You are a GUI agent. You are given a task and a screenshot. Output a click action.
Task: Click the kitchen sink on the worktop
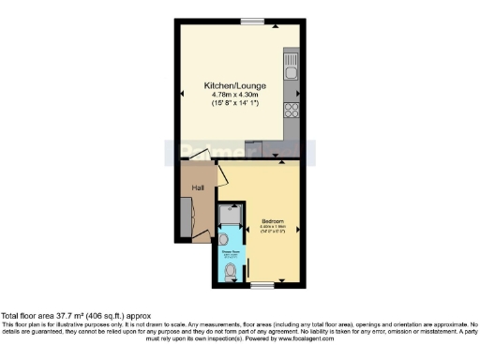tap(292, 70)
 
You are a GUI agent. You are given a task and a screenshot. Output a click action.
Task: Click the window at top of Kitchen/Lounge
tap(251, 21)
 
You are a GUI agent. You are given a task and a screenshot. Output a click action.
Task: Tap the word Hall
tap(199, 188)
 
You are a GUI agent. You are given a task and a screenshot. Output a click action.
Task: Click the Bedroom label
tap(274, 221)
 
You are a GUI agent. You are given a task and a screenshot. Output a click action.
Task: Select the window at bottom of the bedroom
tap(262, 283)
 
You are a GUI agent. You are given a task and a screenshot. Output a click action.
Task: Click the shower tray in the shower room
tap(229, 216)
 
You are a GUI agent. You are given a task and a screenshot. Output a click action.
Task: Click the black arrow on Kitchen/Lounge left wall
tap(182, 94)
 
